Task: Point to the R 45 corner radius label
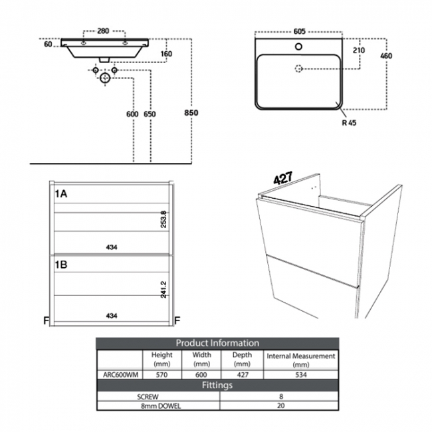pos(349,122)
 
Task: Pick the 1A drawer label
pos(62,193)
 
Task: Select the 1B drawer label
pos(62,264)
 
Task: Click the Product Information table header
pos(217,343)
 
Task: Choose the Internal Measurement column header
pos(300,360)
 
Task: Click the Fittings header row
pos(217,385)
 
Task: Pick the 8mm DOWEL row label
pos(158,405)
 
